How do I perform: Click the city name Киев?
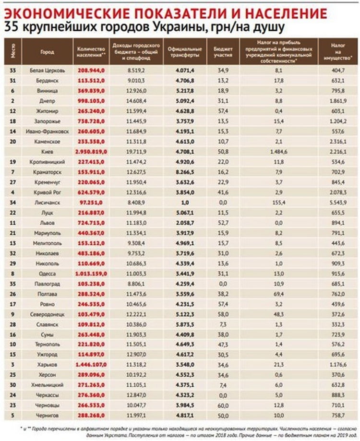[x=47, y=151]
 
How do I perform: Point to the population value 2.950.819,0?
[x=91, y=151]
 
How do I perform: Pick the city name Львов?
[x=47, y=223]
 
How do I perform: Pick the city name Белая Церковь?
[x=47, y=70]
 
